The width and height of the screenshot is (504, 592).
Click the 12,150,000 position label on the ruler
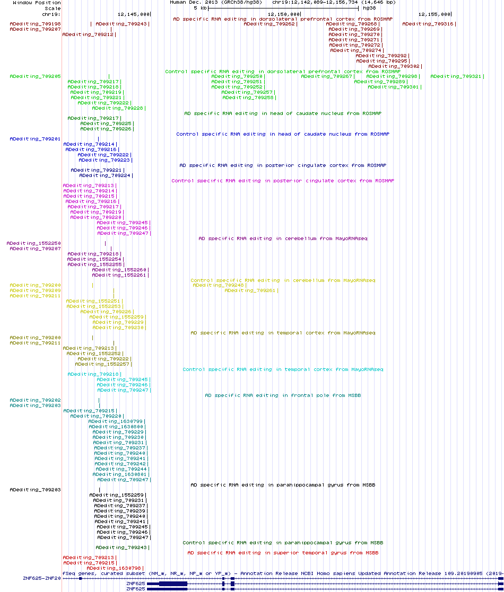pyautogui.click(x=284, y=14)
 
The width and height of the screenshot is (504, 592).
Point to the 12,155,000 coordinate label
pyautogui.click(x=435, y=14)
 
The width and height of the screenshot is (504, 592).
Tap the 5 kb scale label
pyautogui.click(x=199, y=8)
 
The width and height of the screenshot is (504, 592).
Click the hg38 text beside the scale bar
pyautogui.click(x=369, y=8)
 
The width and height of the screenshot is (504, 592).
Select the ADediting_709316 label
pyautogui.click(x=428, y=24)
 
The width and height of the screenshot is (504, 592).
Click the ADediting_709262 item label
pyautogui.click(x=269, y=24)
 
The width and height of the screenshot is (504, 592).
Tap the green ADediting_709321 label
pyautogui.click(x=456, y=76)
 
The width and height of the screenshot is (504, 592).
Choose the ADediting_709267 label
pyautogui.click(x=326, y=76)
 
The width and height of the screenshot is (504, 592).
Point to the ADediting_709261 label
pyautogui.click(x=250, y=290)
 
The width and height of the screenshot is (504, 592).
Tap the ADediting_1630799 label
pyautogui.click(x=116, y=421)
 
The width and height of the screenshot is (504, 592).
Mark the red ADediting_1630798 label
pyautogui.click(x=113, y=568)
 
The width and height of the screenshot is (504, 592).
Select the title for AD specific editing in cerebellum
pyautogui.click(x=283, y=238)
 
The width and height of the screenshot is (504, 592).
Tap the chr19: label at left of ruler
pyautogui.click(x=51, y=14)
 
